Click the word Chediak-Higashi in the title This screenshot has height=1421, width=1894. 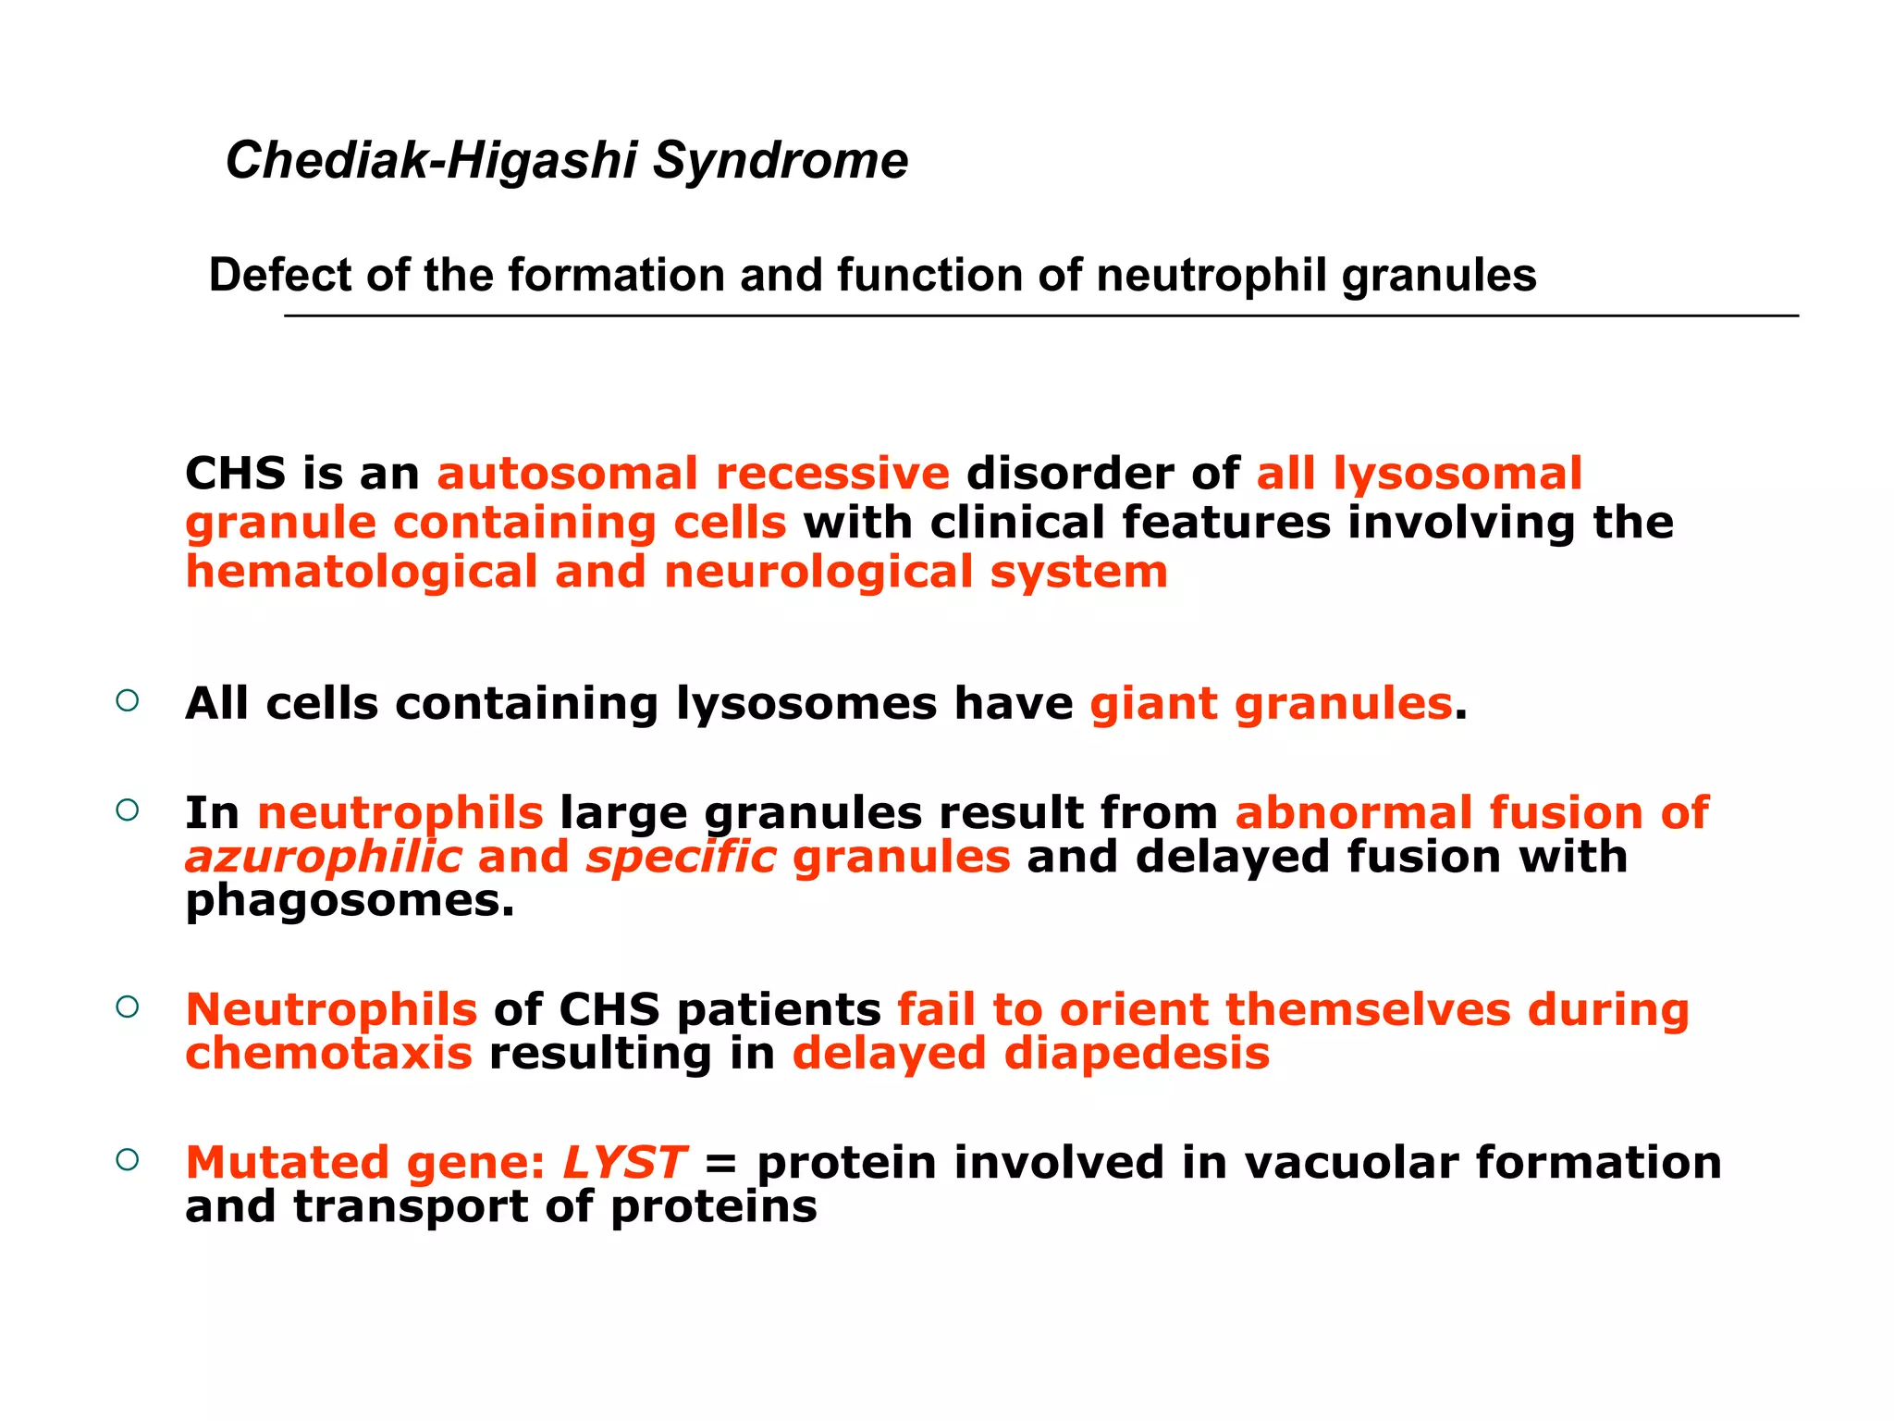tap(431, 162)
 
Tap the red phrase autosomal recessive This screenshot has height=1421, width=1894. tap(693, 474)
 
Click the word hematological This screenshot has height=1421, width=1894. tap(362, 572)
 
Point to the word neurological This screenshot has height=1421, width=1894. tap(818, 572)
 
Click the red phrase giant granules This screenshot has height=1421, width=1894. tap(1271, 704)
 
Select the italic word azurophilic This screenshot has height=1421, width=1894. tap(323, 857)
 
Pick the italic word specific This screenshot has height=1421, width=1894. tap(681, 857)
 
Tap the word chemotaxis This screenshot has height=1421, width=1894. tap(329, 1054)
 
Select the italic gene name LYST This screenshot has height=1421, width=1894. tap(624, 1163)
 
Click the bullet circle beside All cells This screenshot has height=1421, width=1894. tap(128, 700)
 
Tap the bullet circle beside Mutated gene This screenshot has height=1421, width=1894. tap(128, 1159)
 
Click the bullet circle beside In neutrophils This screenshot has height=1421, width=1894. tap(128, 810)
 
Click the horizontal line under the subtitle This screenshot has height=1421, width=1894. tap(1040, 316)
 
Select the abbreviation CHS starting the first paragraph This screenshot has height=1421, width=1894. tap(235, 474)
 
